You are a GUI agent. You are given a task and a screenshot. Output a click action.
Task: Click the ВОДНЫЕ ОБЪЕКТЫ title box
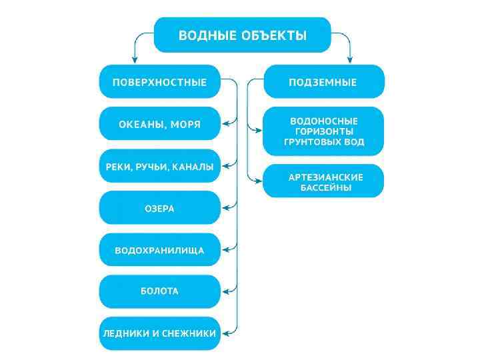(x=243, y=35)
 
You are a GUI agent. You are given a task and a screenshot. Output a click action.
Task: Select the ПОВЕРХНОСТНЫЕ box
(x=160, y=82)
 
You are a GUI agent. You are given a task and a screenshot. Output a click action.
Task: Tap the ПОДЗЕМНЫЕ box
(x=323, y=82)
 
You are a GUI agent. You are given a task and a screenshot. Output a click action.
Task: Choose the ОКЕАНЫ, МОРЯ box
(x=160, y=124)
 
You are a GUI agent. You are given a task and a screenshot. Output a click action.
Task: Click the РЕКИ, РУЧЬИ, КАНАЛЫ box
(x=160, y=166)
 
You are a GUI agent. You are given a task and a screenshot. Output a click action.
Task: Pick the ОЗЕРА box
(x=160, y=208)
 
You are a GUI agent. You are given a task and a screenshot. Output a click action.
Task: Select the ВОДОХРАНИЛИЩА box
(x=160, y=250)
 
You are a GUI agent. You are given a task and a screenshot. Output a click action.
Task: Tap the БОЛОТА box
(x=160, y=291)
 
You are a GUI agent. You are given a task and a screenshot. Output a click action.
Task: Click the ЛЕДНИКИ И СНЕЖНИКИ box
(x=160, y=333)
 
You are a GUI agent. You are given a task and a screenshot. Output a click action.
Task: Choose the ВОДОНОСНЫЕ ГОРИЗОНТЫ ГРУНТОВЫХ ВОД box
(x=323, y=131)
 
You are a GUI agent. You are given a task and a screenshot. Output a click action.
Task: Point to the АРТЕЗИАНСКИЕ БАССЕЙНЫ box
(x=323, y=182)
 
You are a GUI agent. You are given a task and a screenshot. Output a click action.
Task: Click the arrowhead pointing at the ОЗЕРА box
(x=225, y=208)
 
